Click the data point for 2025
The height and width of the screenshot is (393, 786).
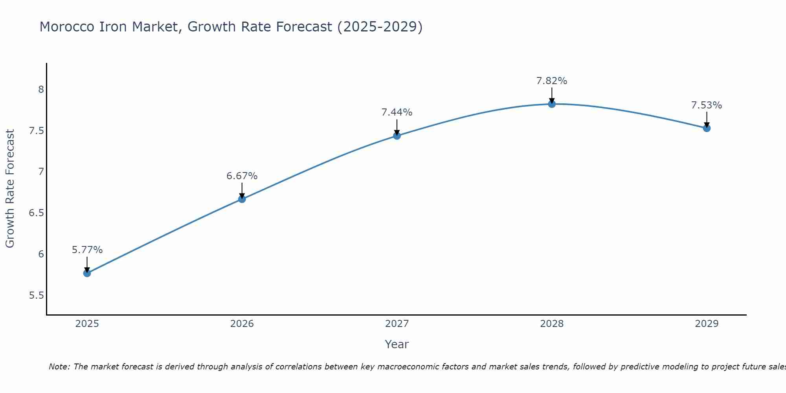[x=87, y=273]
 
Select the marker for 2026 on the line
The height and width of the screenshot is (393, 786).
[x=242, y=199]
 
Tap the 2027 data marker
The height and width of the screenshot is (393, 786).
[x=397, y=136]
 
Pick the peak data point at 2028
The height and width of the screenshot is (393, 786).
[x=552, y=104]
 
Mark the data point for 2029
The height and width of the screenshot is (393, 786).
[x=707, y=128]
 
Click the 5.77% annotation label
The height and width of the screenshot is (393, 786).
[x=87, y=250]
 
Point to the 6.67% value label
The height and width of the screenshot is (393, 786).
[x=242, y=176]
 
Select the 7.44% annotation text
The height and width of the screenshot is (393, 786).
[x=397, y=112]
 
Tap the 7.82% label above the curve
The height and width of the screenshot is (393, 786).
[x=552, y=81]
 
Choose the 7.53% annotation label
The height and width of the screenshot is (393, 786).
[x=707, y=105]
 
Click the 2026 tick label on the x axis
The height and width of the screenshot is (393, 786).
[x=242, y=324]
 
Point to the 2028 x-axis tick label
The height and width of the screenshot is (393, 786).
[x=552, y=324]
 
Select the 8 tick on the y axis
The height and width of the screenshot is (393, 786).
[x=41, y=90]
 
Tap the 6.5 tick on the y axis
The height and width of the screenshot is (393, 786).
[x=36, y=213]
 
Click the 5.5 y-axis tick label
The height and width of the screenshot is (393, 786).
[x=36, y=296]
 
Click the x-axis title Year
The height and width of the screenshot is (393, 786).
[x=397, y=344]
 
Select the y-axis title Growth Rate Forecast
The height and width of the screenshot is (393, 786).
[x=10, y=189]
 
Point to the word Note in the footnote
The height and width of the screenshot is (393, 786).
[x=59, y=367]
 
